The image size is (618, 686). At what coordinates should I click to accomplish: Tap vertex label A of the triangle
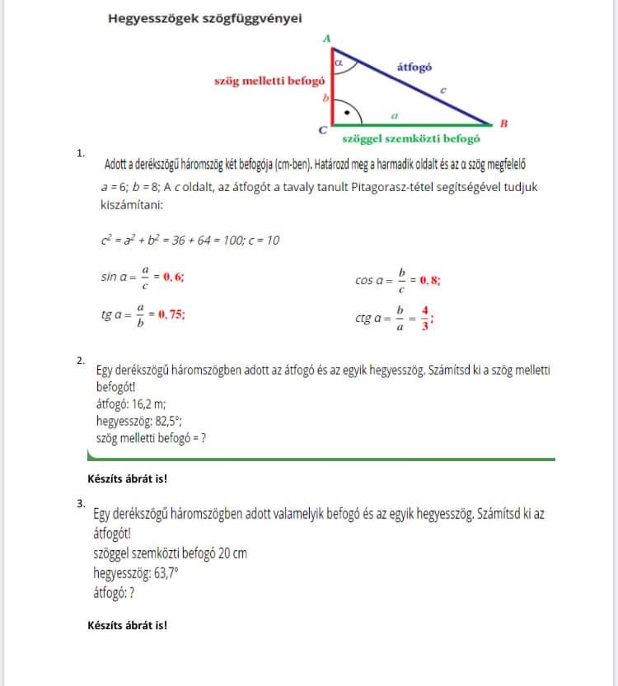coord(326,39)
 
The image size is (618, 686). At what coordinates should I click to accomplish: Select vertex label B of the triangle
coord(503,124)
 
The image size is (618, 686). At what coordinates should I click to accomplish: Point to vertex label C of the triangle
coord(322,130)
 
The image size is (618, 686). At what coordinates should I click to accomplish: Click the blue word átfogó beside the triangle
coord(414,68)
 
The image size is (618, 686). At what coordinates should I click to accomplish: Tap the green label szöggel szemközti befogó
coord(410,139)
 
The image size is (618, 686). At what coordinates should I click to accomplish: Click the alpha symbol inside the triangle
coord(339,61)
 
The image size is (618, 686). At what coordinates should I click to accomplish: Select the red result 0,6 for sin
coord(173,278)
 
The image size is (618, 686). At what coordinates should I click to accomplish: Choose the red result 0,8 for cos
coord(429,280)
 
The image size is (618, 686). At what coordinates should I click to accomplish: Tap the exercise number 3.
coord(80,502)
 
